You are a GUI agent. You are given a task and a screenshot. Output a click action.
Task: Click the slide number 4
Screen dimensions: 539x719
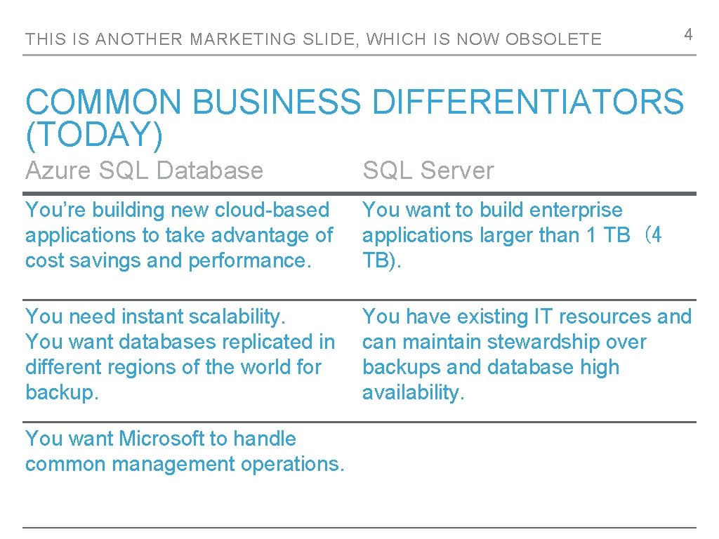coord(689,34)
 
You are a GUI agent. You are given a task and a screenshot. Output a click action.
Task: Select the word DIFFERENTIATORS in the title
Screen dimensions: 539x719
coord(527,102)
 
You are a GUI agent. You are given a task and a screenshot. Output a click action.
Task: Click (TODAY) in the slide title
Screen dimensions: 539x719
coord(94,135)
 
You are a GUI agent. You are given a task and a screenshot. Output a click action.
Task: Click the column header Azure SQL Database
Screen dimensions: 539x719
coord(144,170)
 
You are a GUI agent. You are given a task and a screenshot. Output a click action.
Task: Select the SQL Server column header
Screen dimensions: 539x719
coord(428,170)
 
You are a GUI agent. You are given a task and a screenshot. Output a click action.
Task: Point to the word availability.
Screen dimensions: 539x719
coord(413,392)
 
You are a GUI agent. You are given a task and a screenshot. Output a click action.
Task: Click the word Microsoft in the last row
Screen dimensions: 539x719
coord(161,439)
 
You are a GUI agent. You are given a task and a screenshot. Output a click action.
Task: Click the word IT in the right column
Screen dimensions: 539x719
coord(543,317)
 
